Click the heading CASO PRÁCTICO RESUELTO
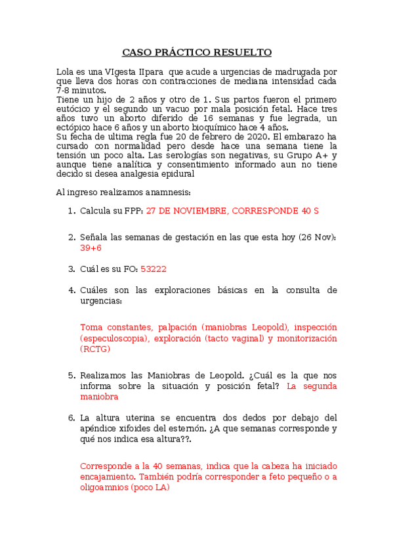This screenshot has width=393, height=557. pyautogui.click(x=197, y=52)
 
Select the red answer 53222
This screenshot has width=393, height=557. pyautogui.click(x=154, y=269)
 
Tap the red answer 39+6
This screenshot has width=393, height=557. pyautogui.click(x=91, y=248)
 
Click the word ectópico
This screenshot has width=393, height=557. pyautogui.click(x=73, y=127)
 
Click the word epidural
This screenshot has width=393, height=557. pyautogui.click(x=177, y=174)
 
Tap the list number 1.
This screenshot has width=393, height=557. pyautogui.click(x=72, y=211)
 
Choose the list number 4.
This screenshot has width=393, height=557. pyautogui.click(x=72, y=290)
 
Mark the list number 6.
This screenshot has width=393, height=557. pyautogui.click(x=72, y=417)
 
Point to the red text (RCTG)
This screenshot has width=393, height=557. pyautogui.click(x=96, y=349)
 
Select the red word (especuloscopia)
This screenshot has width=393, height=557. pyautogui.click(x=114, y=338)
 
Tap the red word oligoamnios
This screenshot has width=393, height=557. pyautogui.click(x=104, y=487)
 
